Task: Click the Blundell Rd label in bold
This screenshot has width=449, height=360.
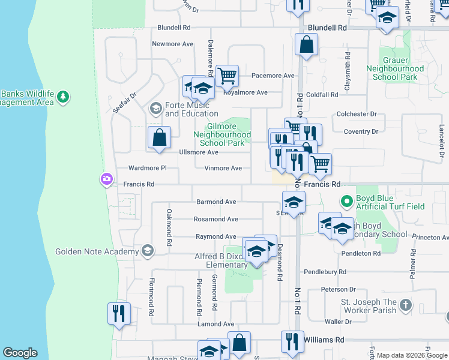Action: pos(327,28)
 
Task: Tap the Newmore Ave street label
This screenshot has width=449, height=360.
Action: pos(173,44)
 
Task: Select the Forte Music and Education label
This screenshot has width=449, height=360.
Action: pos(191,109)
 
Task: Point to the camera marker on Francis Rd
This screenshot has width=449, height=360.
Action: pos(106,179)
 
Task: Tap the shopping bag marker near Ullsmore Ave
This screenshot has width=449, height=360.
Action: pos(160,137)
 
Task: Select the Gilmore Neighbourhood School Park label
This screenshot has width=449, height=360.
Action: pos(221,135)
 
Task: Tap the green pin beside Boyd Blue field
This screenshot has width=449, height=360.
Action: pos(346,202)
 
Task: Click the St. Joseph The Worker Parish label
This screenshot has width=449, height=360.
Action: pos(369,306)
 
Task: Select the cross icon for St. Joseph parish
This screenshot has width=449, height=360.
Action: pos(406,305)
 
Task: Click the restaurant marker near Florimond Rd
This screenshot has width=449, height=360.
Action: pos(119,314)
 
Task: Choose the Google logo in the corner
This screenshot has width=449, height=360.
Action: pos(20,353)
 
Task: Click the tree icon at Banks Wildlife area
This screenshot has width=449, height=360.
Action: pos(63,96)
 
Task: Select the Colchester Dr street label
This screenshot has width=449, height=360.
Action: pos(357,114)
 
